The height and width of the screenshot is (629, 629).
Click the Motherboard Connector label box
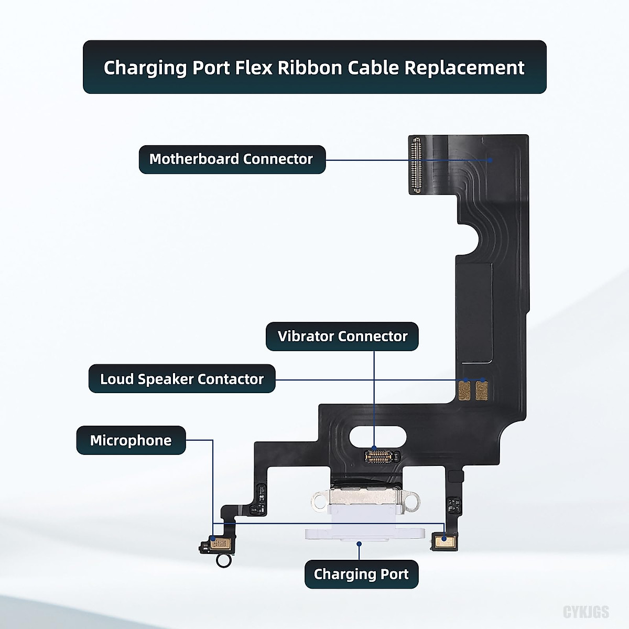click(232, 159)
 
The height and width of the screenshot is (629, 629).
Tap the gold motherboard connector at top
click(417, 165)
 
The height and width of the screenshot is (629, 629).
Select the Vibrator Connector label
click(342, 337)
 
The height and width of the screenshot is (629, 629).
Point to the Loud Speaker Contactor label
click(181, 379)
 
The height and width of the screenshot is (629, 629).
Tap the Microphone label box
click(131, 440)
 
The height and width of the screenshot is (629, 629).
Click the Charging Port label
click(361, 574)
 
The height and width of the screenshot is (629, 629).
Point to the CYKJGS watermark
click(586, 612)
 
